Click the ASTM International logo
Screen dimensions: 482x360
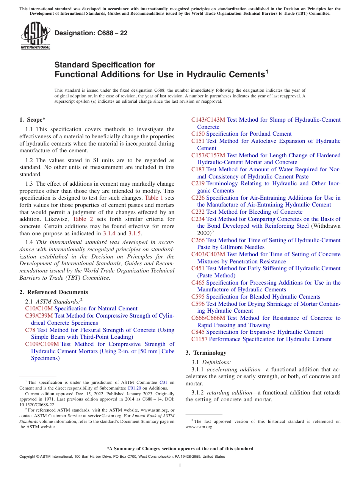point(35,36)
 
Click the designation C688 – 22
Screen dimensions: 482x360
point(91,33)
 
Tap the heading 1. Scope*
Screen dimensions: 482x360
point(33,120)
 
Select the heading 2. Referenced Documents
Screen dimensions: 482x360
point(54,292)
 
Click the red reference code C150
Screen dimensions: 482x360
point(198,134)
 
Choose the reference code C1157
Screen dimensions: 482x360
point(199,339)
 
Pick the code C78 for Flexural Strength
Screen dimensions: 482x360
point(30,330)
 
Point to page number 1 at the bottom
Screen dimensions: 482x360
point(180,466)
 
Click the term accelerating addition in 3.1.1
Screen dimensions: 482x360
point(230,369)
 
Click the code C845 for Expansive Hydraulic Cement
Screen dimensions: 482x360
point(198,332)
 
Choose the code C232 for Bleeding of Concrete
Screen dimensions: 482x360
point(198,212)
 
